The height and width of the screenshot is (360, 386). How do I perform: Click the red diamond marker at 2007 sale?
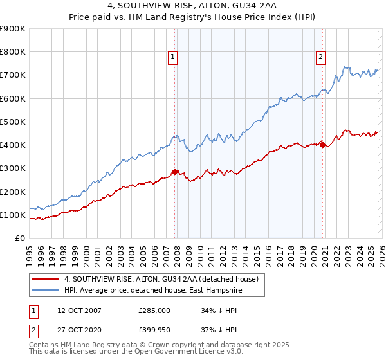click(174, 172)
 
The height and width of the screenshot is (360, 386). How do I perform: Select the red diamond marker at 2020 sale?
click(322, 145)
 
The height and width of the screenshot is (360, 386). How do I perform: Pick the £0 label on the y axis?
click(20, 238)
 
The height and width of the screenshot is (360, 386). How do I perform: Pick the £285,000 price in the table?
click(154, 310)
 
